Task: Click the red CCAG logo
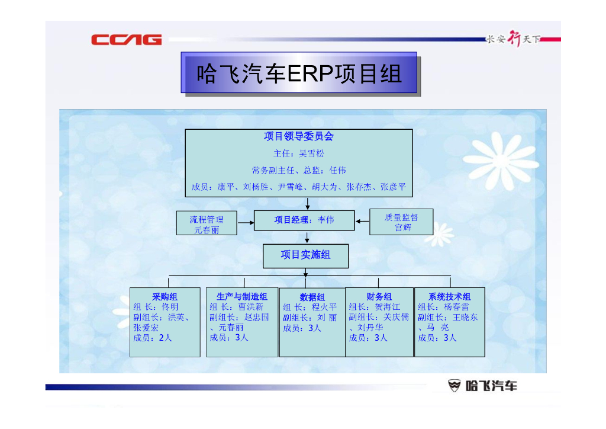(x=126, y=40)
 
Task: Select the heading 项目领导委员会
(x=299, y=136)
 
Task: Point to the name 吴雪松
(x=312, y=153)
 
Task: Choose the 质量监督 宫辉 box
(x=401, y=222)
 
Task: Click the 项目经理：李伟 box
(x=304, y=220)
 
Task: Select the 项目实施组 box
(x=305, y=255)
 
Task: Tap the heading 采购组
(x=165, y=297)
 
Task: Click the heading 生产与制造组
(x=241, y=296)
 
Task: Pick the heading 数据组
(x=312, y=297)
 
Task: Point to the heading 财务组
(x=379, y=296)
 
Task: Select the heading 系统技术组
(x=449, y=296)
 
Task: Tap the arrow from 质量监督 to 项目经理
(x=362, y=222)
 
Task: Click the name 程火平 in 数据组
(x=324, y=308)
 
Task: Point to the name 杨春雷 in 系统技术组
(x=456, y=307)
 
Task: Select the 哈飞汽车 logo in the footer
(x=482, y=386)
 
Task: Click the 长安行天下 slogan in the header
(x=513, y=40)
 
